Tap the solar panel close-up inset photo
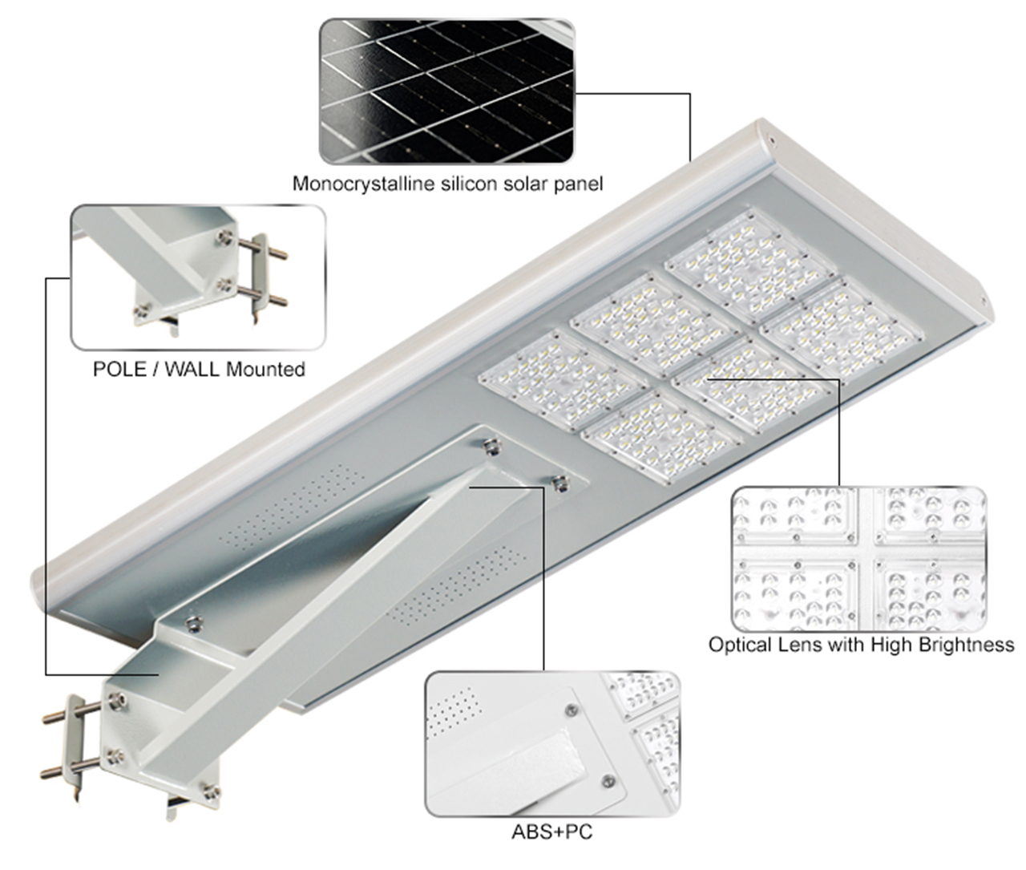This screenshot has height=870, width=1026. pyautogui.click(x=446, y=91)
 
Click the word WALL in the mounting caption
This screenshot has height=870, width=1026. pyautogui.click(x=192, y=370)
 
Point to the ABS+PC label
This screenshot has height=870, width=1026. pyautogui.click(x=552, y=832)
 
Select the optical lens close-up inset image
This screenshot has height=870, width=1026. pyautogui.click(x=859, y=559)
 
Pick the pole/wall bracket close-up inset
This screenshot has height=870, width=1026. pyautogui.click(x=198, y=277)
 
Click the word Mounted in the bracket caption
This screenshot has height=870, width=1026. pyautogui.click(x=265, y=370)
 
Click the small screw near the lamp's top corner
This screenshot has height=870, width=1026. pyautogui.click(x=771, y=140)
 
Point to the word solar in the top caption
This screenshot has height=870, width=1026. pyautogui.click(x=523, y=184)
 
